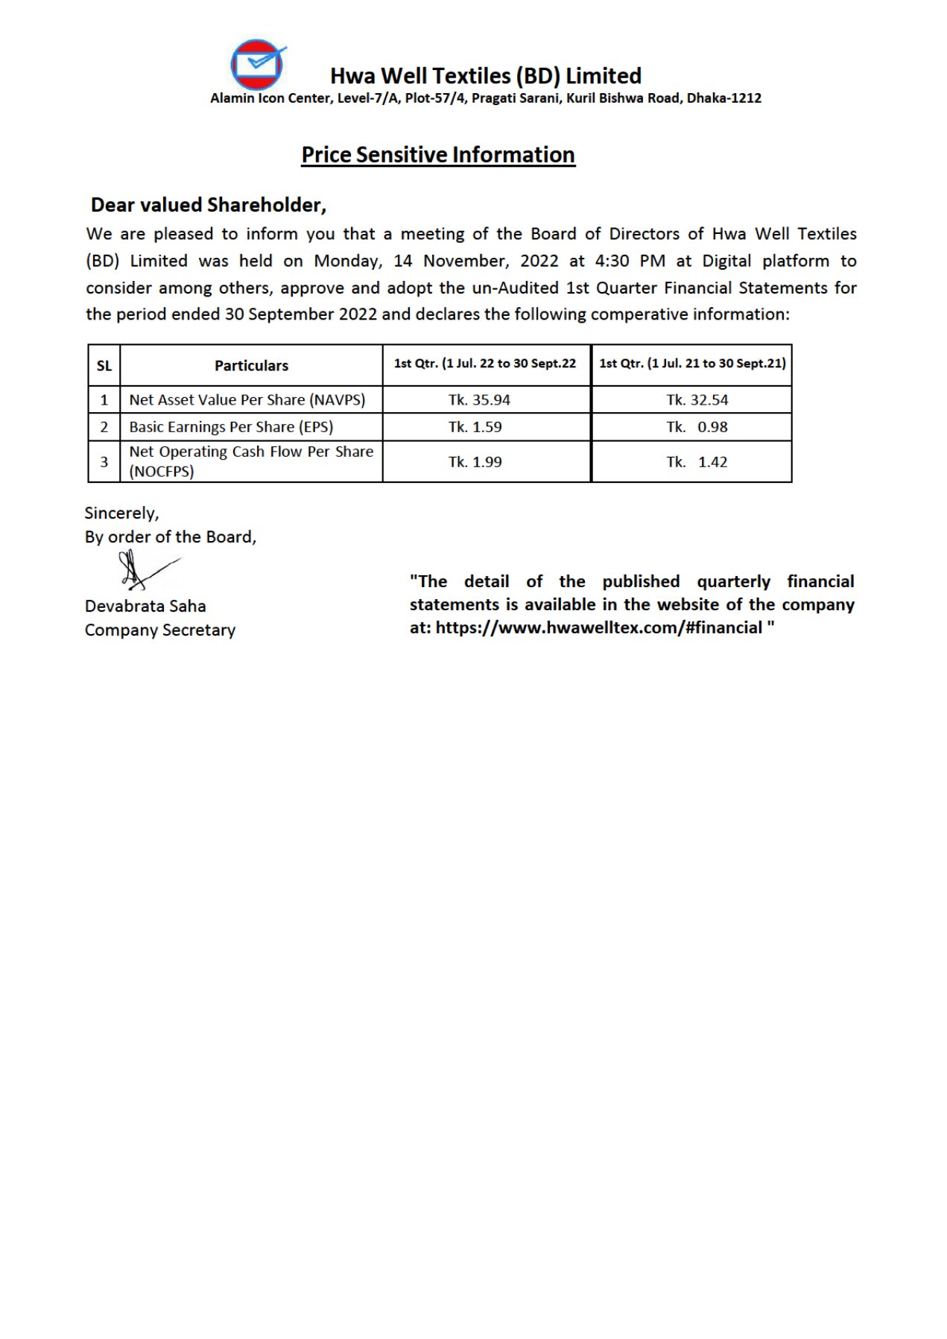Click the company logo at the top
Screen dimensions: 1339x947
(258, 65)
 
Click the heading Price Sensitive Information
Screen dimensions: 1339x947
(438, 154)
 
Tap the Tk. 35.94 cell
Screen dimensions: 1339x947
(479, 400)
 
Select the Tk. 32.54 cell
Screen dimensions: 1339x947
(697, 400)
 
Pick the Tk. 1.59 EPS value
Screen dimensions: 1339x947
(475, 427)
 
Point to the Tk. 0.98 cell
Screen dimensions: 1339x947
(697, 427)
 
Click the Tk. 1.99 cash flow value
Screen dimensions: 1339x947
(475, 462)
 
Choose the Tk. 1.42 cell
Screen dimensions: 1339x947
(697, 462)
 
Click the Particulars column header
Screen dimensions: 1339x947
(251, 365)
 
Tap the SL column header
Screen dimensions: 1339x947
(104, 366)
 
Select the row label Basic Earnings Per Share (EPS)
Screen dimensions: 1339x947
(231, 427)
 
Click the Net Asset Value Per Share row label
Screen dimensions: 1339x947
(247, 400)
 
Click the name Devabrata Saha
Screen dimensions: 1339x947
(145, 606)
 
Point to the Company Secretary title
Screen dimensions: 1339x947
(160, 630)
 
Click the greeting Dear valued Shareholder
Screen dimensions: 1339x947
(209, 205)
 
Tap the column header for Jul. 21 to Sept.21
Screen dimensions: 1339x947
(692, 364)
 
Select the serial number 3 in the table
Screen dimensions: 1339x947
(104, 462)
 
